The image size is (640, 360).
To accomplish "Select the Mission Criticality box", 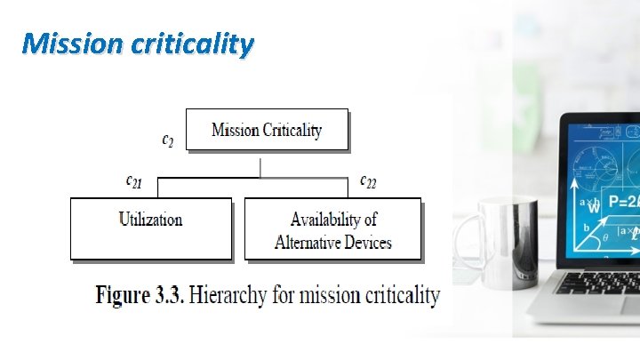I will pos(267,131).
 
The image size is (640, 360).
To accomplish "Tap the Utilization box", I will pos(150,228).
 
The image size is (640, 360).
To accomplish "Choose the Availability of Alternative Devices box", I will pos(332,229).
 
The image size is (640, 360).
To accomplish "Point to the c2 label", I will pos(167,140).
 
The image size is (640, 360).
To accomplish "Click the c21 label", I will pos(133,181).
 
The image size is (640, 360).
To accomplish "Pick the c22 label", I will pos(367,181).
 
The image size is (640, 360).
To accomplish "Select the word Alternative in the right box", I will pos(310,242).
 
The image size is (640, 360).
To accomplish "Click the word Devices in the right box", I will pos(370,242).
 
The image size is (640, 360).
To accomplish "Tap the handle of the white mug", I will pos(463,240).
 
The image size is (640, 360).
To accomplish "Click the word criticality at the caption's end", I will pos(396,295).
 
